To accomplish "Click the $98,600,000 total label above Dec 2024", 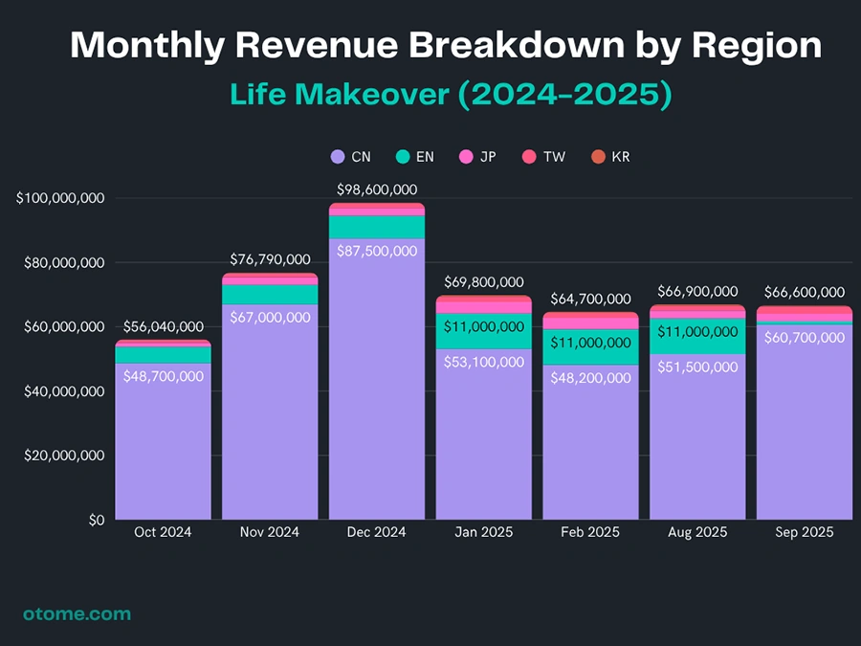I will pyautogui.click(x=377, y=190).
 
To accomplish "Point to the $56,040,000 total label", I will pyautogui.click(x=163, y=327).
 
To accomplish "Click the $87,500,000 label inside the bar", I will pyautogui.click(x=377, y=251).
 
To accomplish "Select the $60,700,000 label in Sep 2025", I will pyautogui.click(x=805, y=338).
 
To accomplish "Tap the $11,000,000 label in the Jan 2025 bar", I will pyautogui.click(x=484, y=326).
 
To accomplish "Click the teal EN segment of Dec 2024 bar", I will pyautogui.click(x=377, y=227).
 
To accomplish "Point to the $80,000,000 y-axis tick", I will pyautogui.click(x=59, y=263).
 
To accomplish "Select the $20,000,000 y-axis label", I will pyautogui.click(x=59, y=457).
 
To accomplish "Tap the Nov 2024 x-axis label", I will pyautogui.click(x=270, y=532).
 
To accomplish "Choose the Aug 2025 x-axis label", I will pyautogui.click(x=697, y=532).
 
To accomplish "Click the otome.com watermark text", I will pyautogui.click(x=77, y=614).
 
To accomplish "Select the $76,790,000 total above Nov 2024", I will pyautogui.click(x=271, y=260).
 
